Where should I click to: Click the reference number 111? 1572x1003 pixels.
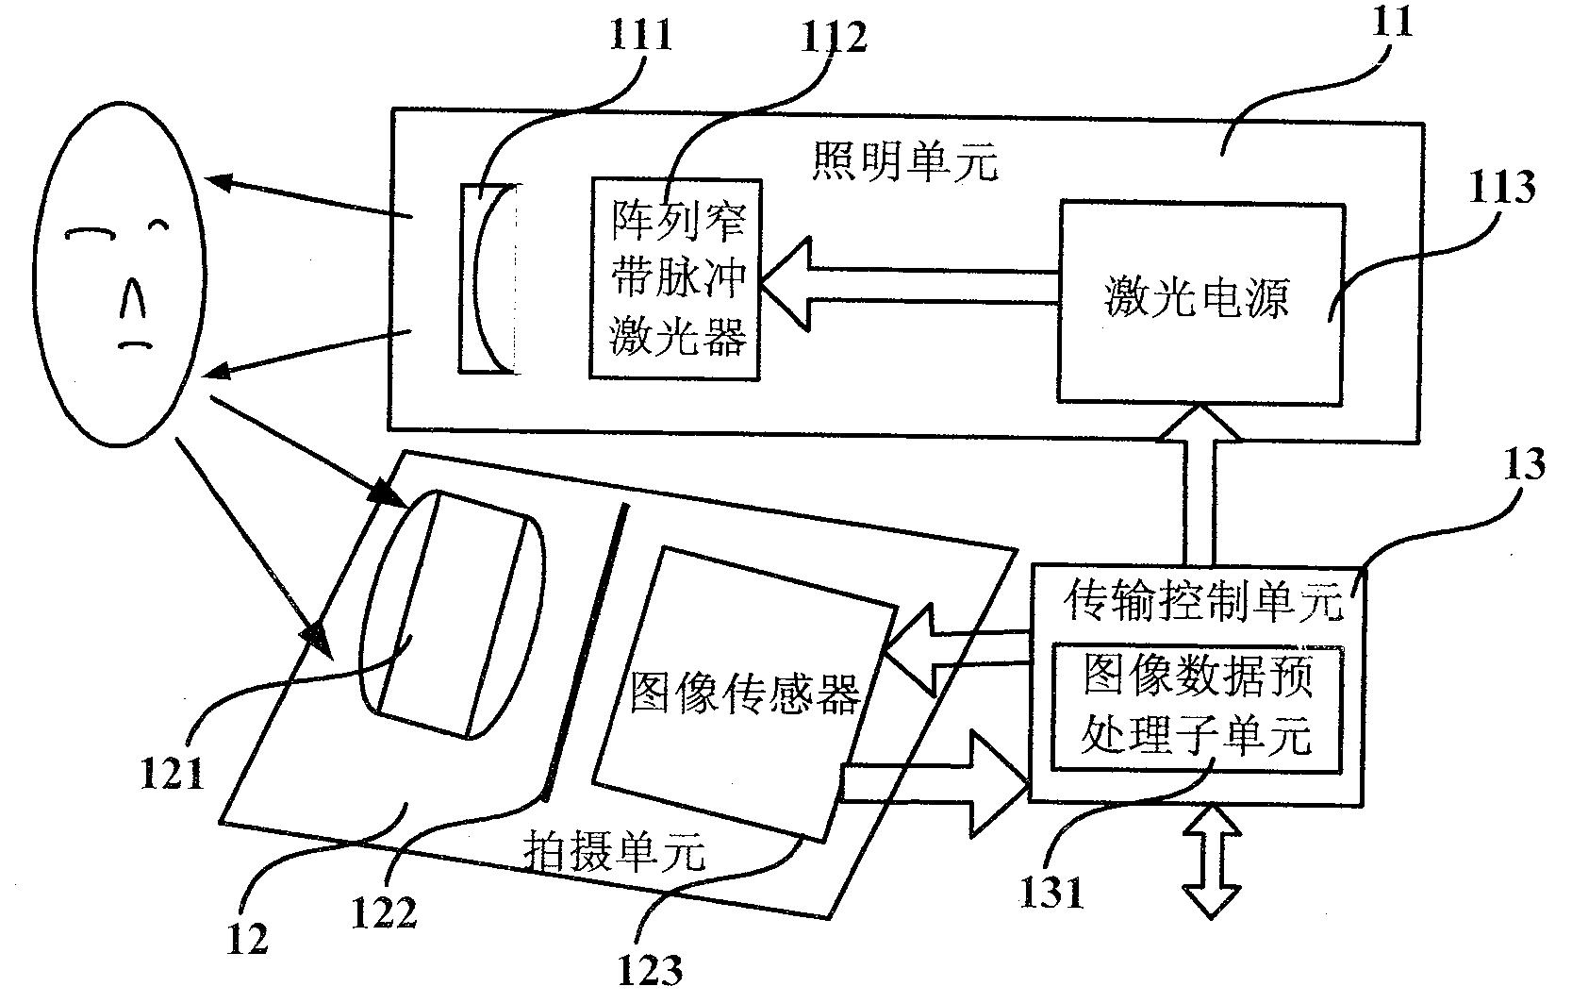[641, 35]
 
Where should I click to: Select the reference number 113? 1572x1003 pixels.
[1501, 188]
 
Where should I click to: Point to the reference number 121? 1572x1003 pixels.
[171, 775]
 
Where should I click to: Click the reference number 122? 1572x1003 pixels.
[384, 911]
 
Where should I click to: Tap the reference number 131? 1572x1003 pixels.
[1052, 891]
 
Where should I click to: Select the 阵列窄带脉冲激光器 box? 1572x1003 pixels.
[677, 277]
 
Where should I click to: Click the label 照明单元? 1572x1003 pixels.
[903, 163]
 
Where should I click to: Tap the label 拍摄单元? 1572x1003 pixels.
[613, 855]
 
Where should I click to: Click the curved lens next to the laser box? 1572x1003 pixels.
[488, 278]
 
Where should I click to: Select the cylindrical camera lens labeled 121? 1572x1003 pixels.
[451, 613]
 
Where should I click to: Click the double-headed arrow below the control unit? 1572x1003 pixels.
[1213, 861]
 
